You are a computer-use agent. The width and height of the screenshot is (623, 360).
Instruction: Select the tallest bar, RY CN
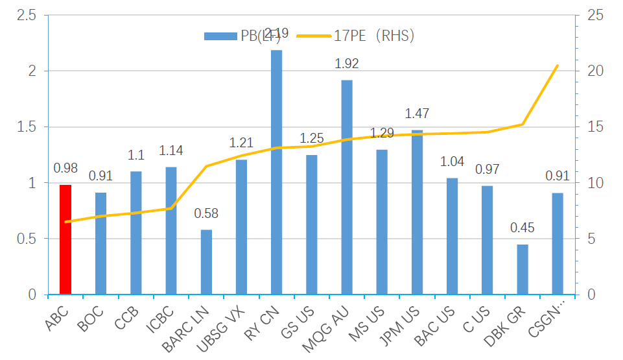pyautogui.click(x=276, y=173)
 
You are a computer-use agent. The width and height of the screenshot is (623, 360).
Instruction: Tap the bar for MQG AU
pyautogui.click(x=347, y=187)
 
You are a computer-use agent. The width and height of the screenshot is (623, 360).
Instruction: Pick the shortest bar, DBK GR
pyautogui.click(x=523, y=270)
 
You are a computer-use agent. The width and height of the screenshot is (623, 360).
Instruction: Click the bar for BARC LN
pyautogui.click(x=206, y=262)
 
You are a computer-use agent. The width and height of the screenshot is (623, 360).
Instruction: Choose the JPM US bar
pyautogui.click(x=417, y=213)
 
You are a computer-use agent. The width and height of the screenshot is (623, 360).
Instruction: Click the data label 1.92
pyautogui.click(x=347, y=64)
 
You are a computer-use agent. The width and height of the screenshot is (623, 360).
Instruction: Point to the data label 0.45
pyautogui.click(x=523, y=228)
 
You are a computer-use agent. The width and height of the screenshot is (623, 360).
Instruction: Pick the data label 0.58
pyautogui.click(x=206, y=213)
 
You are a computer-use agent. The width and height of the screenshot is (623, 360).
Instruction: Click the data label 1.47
pyautogui.click(x=417, y=114)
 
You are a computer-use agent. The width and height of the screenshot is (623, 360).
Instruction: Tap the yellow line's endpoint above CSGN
pyautogui.click(x=558, y=65)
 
